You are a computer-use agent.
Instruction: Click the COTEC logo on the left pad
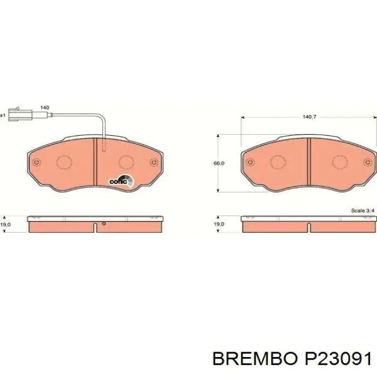(121, 180)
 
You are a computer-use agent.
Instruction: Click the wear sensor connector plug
(20, 115)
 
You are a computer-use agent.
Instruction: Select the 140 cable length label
(45, 108)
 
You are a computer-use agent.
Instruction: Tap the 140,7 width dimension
(310, 117)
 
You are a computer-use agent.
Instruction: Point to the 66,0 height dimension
(219, 163)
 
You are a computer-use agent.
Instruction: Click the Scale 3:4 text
(362, 211)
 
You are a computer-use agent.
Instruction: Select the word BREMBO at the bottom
(255, 359)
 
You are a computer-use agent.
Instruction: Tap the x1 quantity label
(2, 115)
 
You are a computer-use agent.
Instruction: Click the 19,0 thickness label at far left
(5, 225)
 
